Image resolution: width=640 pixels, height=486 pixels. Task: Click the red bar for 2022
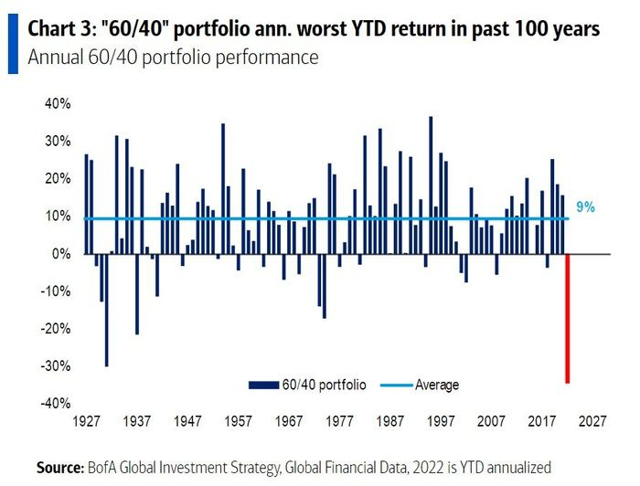tap(568, 318)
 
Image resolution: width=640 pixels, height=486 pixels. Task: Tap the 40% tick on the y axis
tap(58, 104)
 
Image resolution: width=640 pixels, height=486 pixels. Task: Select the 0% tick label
tap(61, 254)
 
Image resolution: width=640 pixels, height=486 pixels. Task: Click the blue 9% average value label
tap(585, 208)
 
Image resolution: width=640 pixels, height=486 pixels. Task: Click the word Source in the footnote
tap(59, 467)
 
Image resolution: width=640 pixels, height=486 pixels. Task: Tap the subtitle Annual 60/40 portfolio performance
tap(173, 58)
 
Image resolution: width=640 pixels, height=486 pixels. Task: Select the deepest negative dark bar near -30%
tap(106, 310)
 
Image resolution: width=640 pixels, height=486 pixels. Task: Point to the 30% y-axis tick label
tap(58, 142)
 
